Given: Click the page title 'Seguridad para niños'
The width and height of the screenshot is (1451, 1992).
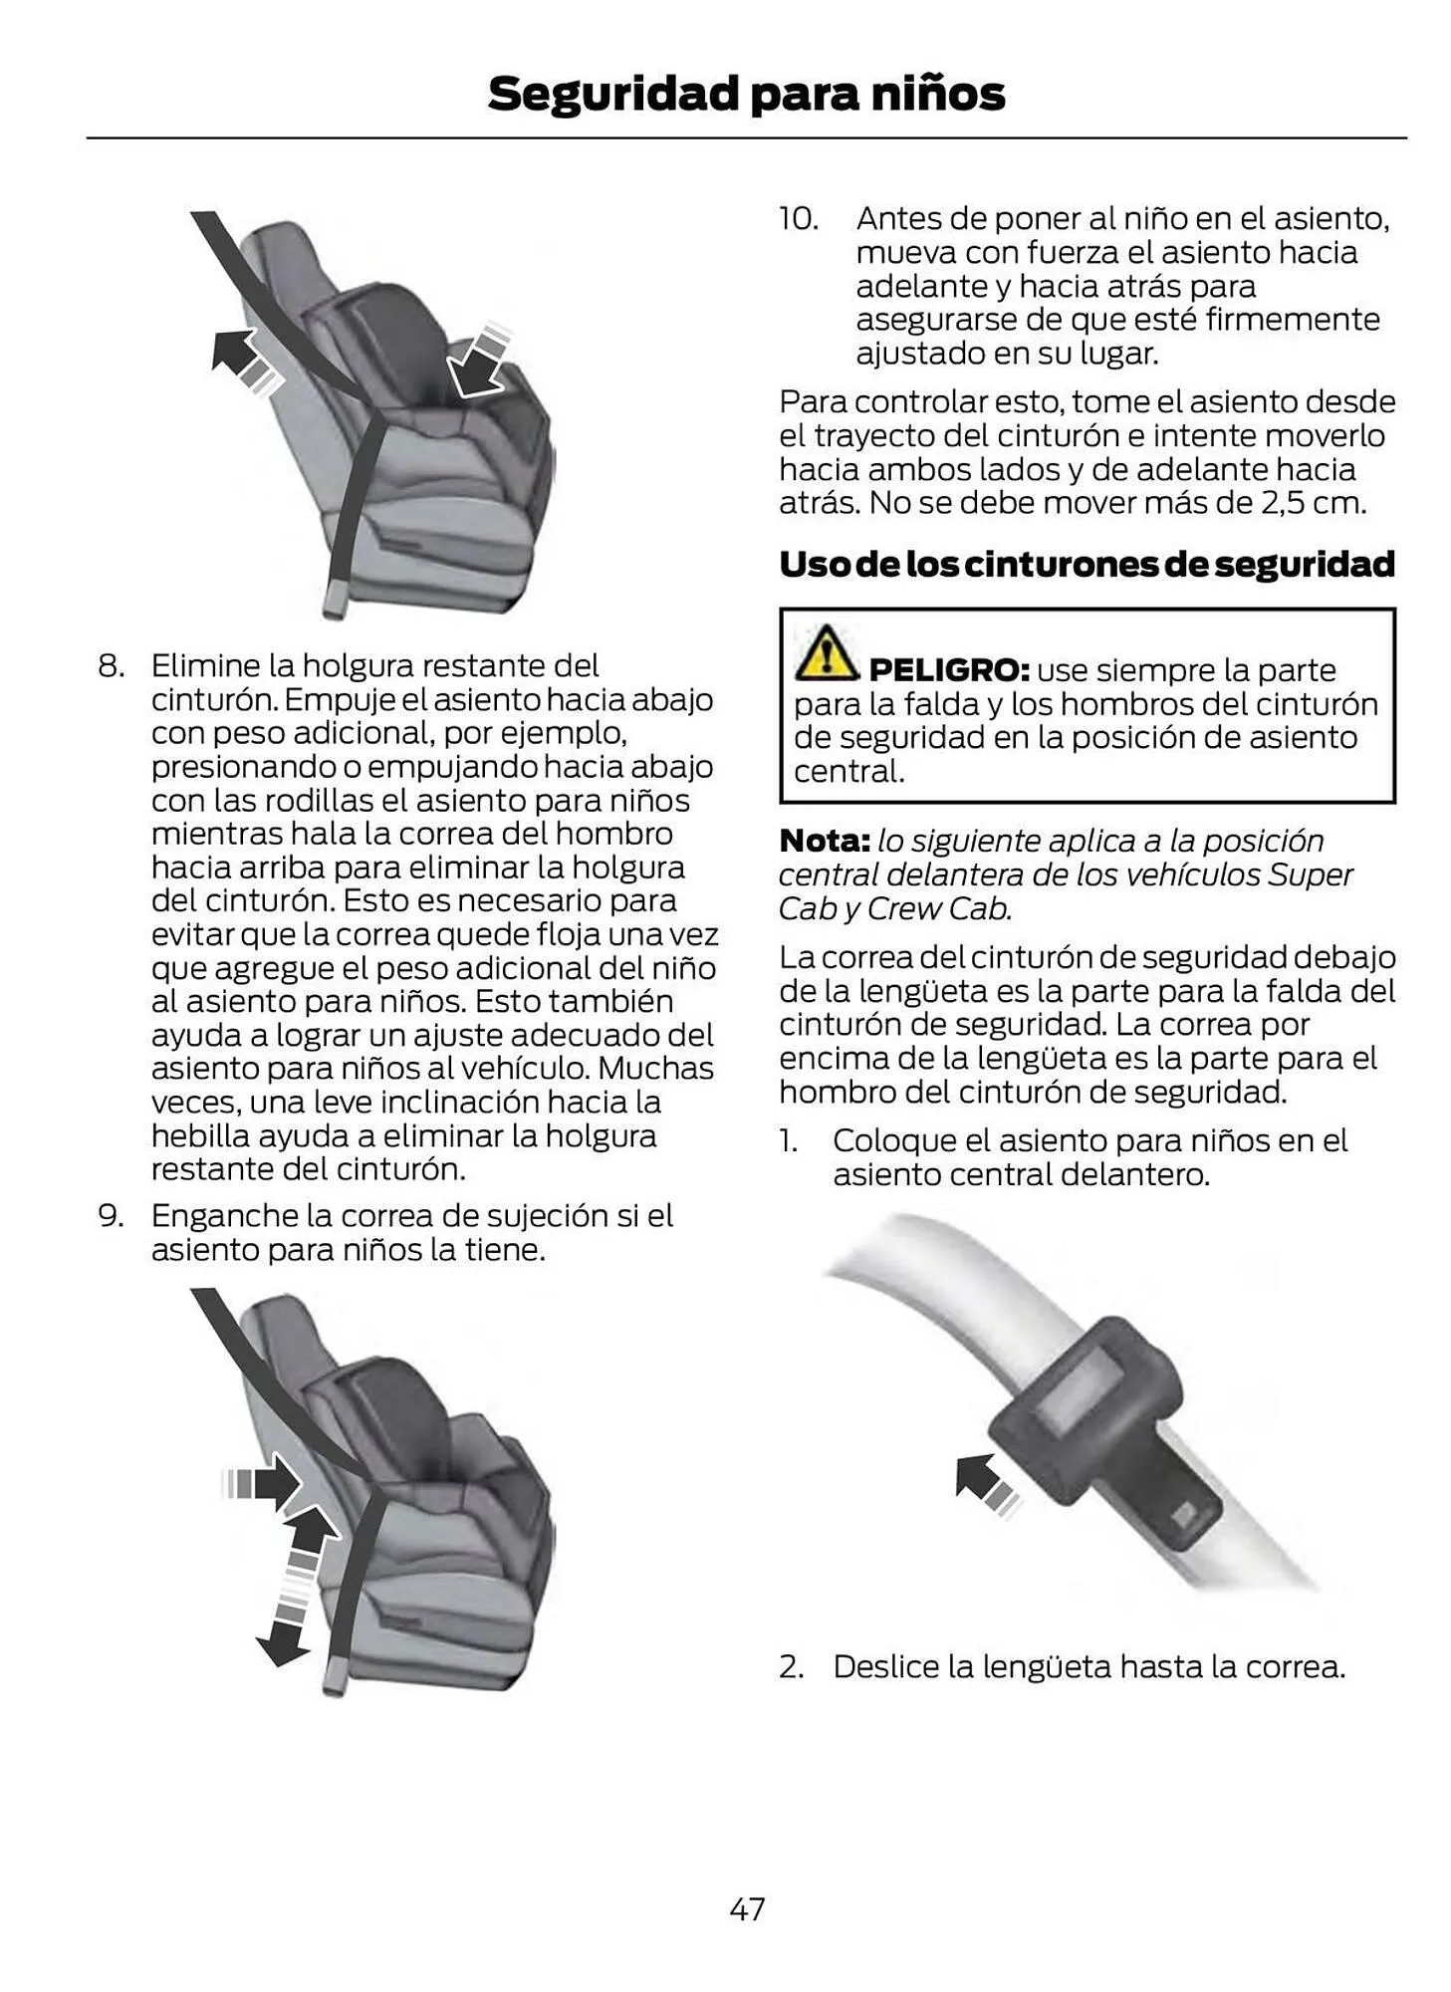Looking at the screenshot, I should tap(745, 94).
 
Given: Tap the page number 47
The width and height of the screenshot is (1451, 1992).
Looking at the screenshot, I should tap(747, 1908).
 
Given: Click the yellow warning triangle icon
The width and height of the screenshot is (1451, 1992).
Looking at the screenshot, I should tap(826, 654).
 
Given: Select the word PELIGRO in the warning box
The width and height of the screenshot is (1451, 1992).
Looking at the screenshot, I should tap(947, 670).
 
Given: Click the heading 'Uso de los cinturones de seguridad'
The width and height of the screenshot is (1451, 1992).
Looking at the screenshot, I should tap(1086, 564).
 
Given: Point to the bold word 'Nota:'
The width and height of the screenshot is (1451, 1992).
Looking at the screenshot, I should tap(825, 841).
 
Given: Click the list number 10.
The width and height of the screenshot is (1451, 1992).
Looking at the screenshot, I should tap(798, 219).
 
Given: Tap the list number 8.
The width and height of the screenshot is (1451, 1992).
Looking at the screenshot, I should tap(110, 665).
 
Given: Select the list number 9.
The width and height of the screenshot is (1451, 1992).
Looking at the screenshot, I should tap(110, 1216).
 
